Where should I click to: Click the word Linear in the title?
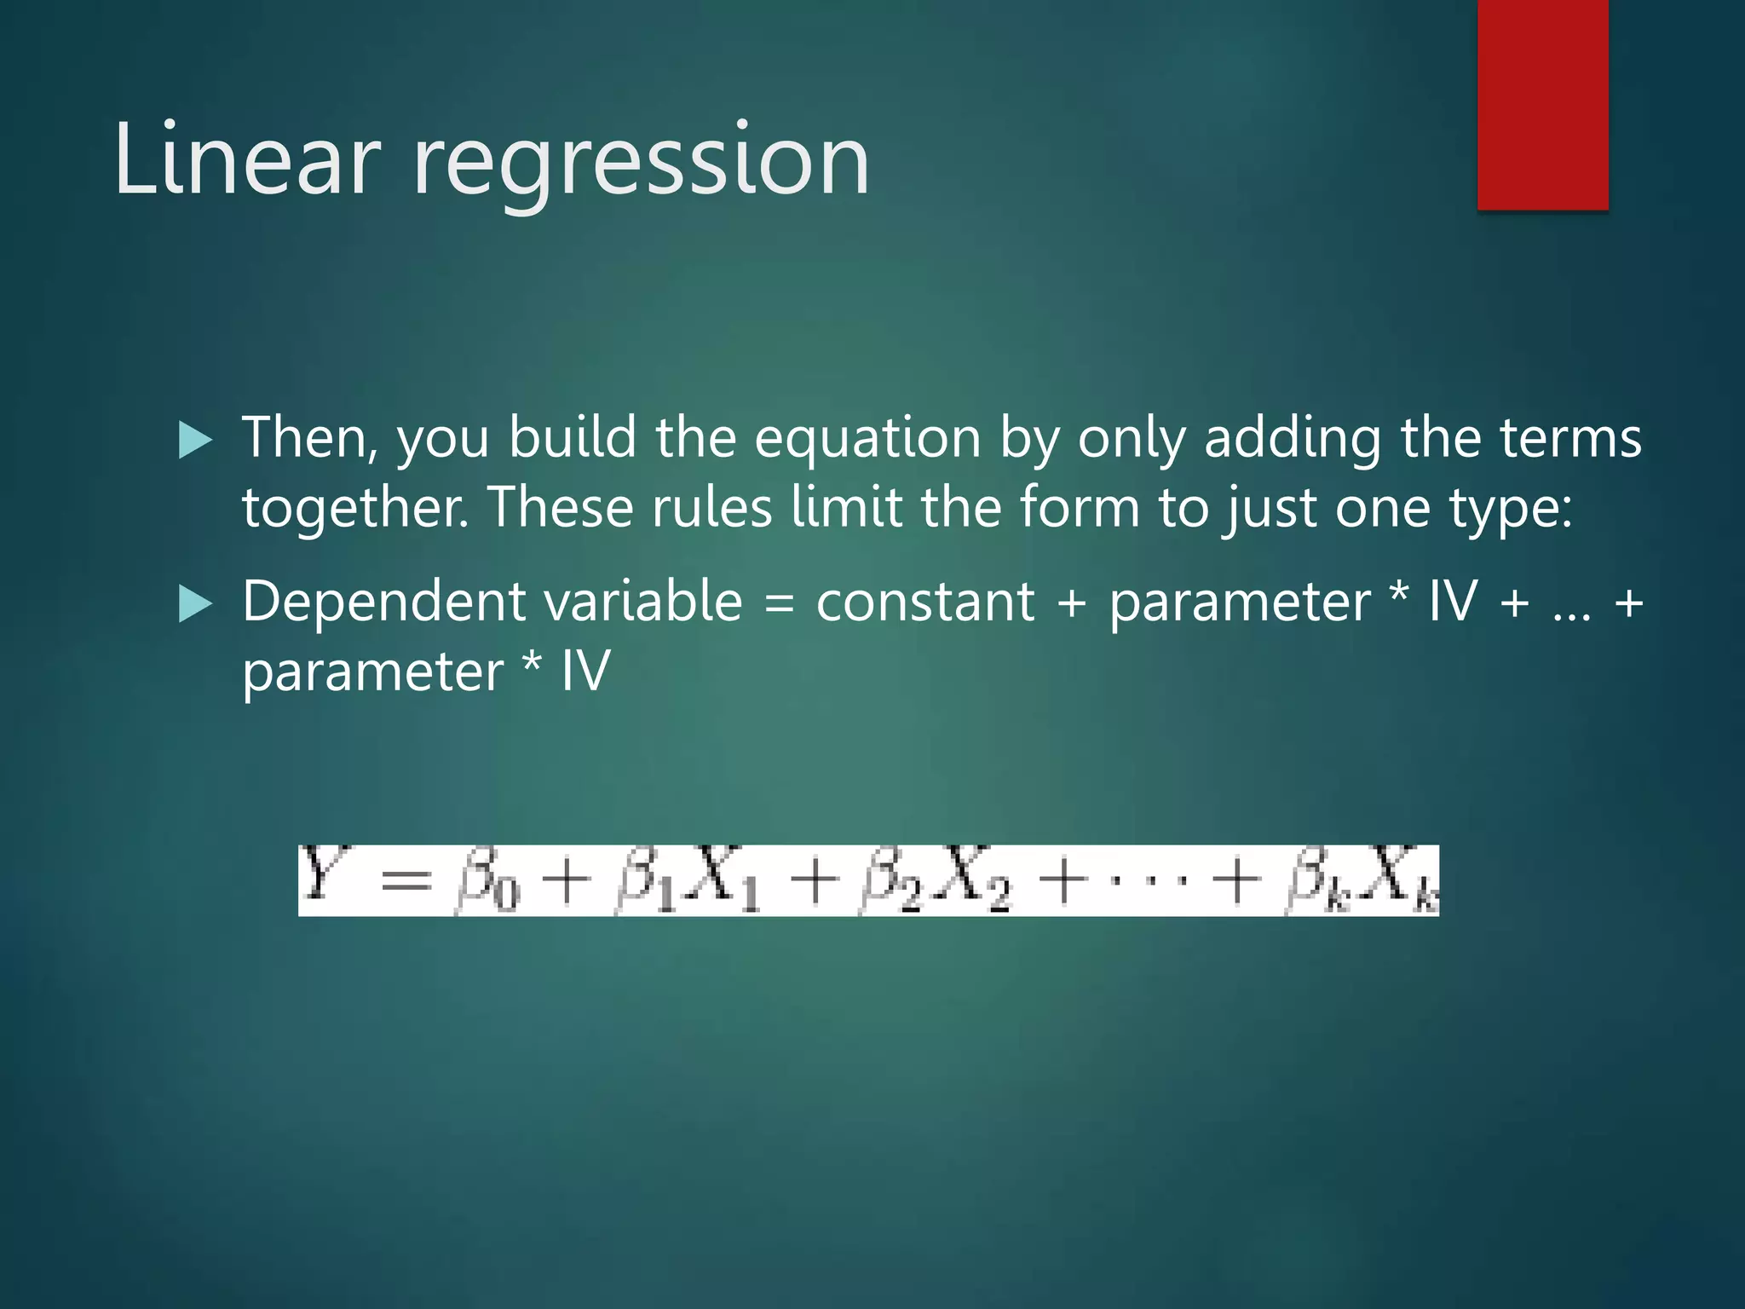[246, 160]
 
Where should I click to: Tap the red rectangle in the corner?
[1542, 104]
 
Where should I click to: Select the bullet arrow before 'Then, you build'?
[195, 441]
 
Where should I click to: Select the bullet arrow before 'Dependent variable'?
[195, 605]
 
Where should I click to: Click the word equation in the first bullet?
[867, 439]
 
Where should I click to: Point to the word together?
[353, 510]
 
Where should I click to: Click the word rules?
[711, 508]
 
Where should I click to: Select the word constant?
[924, 602]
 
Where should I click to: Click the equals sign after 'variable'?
[779, 603]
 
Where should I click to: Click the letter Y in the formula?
[321, 875]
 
